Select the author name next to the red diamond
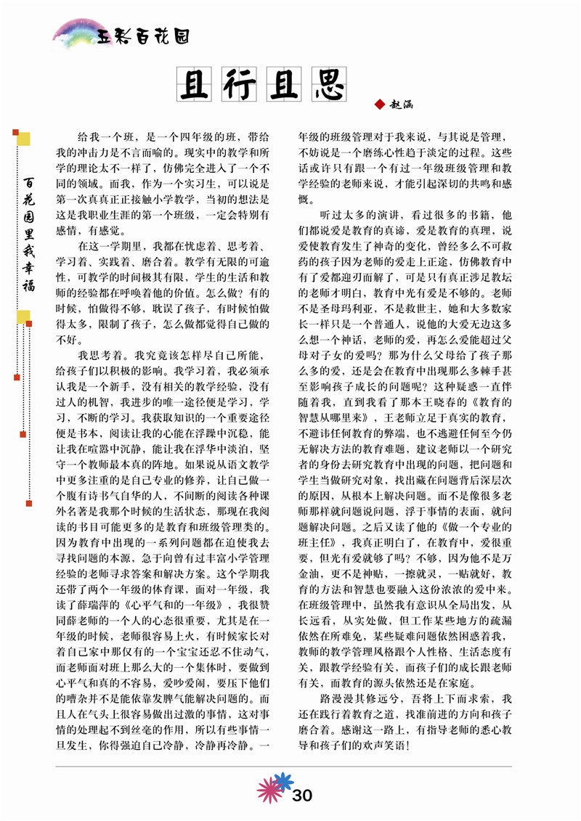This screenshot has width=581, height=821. pos(402,105)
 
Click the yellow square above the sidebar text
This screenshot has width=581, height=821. pos(23,137)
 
